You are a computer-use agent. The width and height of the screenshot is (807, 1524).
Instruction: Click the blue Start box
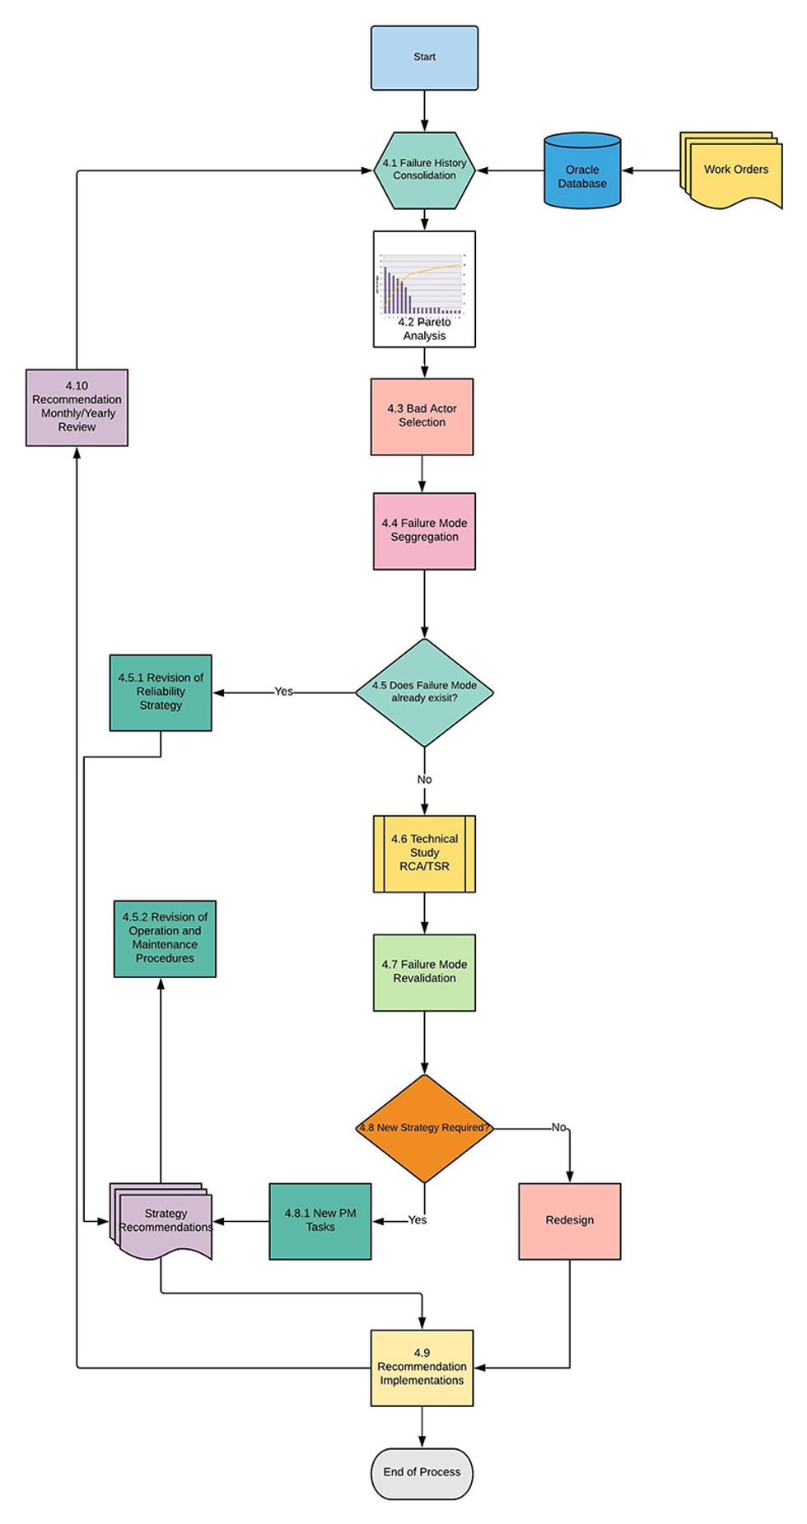(424, 58)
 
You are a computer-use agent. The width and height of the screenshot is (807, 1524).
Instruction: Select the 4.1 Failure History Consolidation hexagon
(424, 170)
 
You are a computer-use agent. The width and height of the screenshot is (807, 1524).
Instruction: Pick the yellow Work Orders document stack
(733, 171)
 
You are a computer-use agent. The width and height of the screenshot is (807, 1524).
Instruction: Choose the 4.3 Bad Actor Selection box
(422, 416)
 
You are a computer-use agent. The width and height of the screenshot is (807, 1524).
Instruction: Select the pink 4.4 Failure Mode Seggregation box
(424, 530)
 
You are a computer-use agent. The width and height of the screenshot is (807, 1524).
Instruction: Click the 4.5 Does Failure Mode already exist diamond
(424, 692)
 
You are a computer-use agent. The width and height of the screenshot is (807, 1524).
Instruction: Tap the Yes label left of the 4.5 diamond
(283, 692)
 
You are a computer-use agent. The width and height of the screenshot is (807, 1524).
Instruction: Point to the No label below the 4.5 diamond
(424, 779)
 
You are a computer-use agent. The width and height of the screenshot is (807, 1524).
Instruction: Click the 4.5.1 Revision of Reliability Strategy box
(161, 692)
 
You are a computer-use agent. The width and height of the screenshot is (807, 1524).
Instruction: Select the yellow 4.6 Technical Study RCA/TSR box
(424, 853)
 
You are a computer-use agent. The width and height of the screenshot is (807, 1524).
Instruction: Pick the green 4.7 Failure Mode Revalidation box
(424, 972)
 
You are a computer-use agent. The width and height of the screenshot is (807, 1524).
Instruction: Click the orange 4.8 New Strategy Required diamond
(424, 1127)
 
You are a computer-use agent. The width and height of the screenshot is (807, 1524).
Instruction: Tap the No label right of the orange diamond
(558, 1127)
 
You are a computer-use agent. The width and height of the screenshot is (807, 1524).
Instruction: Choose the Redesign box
(569, 1220)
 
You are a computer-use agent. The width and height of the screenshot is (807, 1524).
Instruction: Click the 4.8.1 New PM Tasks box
(320, 1220)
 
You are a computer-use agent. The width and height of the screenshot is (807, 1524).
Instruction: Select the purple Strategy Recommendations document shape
(163, 1222)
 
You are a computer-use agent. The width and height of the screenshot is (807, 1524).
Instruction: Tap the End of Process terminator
(422, 1472)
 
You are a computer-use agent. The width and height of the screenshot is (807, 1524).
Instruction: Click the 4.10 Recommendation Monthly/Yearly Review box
(77, 407)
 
